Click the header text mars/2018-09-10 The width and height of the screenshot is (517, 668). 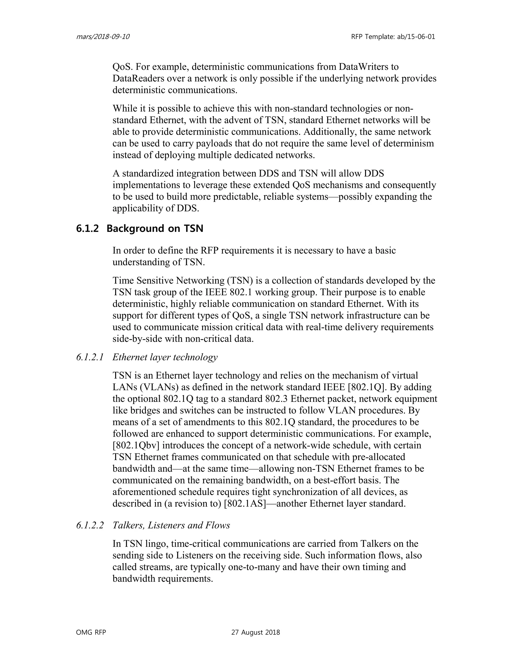[x=102, y=37]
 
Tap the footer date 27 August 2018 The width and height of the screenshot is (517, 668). [x=255, y=632]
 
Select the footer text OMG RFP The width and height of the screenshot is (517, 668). [x=91, y=632]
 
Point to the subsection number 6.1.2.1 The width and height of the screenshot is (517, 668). [x=90, y=357]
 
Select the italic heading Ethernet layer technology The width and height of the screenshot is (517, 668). [x=165, y=357]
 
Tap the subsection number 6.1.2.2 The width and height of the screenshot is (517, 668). [x=90, y=525]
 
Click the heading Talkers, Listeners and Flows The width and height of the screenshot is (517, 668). [x=171, y=525]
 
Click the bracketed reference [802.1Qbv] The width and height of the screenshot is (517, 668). [x=136, y=445]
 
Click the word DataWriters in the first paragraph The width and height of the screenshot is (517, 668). [x=368, y=67]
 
